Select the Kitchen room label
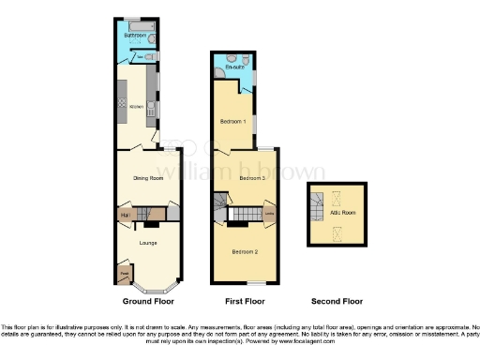point(136,107)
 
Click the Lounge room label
point(147,243)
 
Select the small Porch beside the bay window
point(124,275)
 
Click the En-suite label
point(234,67)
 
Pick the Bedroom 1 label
point(232,122)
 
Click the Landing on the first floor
point(269,214)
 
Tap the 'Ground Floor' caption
point(148,302)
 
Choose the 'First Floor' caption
point(243,302)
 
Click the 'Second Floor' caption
point(337,302)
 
